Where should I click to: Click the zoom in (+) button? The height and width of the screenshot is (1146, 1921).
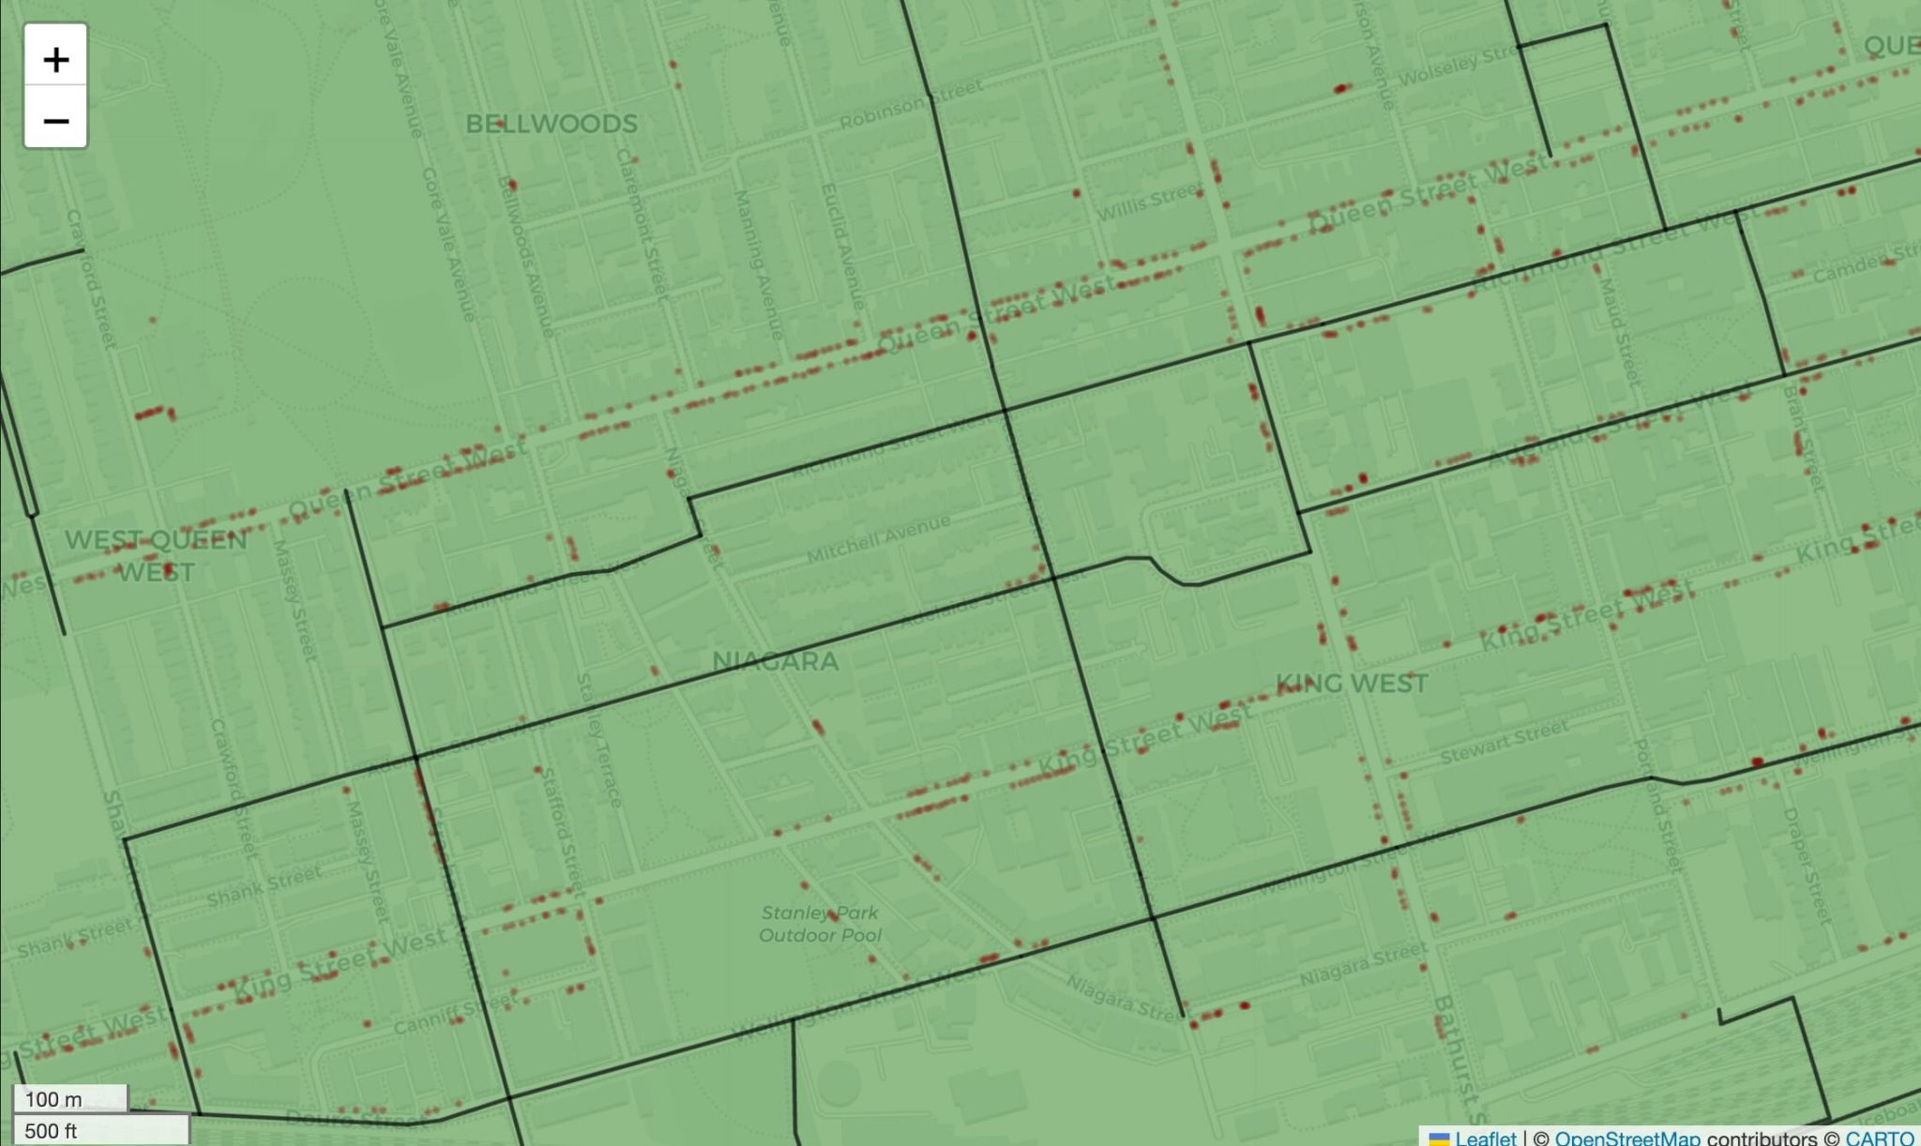coord(55,59)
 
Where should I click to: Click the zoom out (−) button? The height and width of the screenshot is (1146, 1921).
coord(55,121)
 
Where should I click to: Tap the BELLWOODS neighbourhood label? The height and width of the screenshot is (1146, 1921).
coord(552,124)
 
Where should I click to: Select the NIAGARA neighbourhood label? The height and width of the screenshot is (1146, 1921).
coord(775,661)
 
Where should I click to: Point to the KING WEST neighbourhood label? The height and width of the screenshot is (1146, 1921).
coord(1352,683)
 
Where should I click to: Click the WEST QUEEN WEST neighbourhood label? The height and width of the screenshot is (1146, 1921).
coord(156,555)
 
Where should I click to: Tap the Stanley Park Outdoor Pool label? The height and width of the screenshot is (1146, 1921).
coord(820,924)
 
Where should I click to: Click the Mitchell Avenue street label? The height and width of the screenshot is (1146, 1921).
coord(879,538)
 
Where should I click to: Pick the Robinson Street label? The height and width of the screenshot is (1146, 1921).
coord(911,103)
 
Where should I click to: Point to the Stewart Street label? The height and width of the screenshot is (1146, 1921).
coord(1504,741)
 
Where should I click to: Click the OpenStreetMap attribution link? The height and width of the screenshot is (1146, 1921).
coord(1626,1138)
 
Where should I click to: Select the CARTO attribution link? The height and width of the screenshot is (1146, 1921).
coord(1879,1138)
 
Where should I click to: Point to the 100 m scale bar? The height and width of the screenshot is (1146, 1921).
coord(70,1098)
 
